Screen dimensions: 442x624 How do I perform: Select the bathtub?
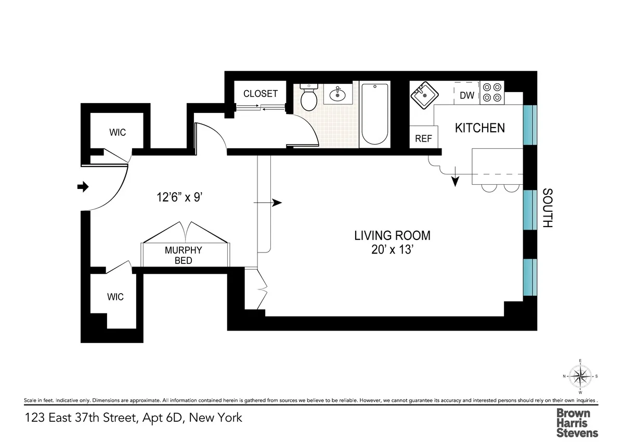coord(375,113)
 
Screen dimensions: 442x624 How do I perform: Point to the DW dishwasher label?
coord(466,95)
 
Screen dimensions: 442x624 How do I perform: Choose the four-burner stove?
coord(492,92)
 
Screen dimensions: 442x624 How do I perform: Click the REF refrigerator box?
coord(423,139)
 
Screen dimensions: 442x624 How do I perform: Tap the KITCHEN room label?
coord(479,128)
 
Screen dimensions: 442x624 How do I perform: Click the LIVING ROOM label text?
coord(392,235)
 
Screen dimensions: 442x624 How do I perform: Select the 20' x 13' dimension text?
coord(392,249)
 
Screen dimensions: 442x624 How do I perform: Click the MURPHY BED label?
coord(183,255)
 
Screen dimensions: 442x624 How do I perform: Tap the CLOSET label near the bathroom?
coord(261,94)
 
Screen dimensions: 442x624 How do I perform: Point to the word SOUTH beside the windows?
coord(547,208)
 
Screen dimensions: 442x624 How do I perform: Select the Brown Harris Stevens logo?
coord(577,422)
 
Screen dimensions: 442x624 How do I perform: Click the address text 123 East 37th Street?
coord(133,418)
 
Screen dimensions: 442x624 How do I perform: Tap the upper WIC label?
coord(117,132)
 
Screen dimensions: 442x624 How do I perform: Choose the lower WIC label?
coord(115,297)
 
